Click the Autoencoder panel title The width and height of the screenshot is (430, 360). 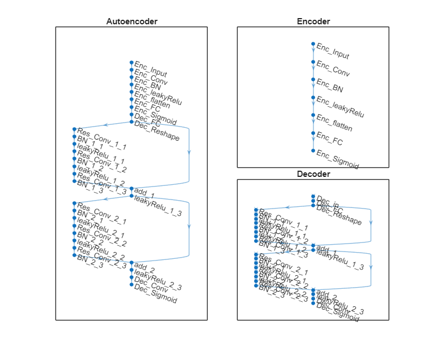(x=131, y=21)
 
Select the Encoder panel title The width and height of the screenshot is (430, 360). (x=313, y=21)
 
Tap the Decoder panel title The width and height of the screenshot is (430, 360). (x=313, y=174)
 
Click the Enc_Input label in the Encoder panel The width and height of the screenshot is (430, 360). (x=333, y=51)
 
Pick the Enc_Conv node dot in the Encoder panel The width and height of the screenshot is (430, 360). (x=313, y=62)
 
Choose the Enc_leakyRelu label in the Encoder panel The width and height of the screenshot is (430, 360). (x=339, y=107)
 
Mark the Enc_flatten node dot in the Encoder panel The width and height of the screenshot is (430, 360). (x=313, y=115)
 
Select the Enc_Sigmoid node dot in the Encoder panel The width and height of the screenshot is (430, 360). (x=313, y=151)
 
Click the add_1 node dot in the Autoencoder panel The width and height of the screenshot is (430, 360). (x=131, y=189)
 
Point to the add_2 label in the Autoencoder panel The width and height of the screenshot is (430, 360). (x=145, y=267)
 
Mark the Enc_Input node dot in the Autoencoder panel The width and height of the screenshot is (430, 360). (x=131, y=62)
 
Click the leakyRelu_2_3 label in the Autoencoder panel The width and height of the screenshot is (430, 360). (x=158, y=280)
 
